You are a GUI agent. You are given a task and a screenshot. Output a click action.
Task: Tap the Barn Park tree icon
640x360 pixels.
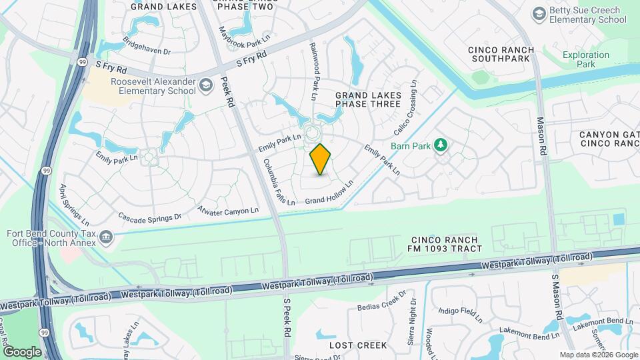440,145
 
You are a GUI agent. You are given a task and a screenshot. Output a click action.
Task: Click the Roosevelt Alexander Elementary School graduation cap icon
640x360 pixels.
207,84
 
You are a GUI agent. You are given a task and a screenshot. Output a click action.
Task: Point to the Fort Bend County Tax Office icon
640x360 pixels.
106,237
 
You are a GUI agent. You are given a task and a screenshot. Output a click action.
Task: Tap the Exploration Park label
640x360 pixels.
585,60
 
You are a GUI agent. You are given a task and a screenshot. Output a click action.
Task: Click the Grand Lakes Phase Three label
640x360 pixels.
368,100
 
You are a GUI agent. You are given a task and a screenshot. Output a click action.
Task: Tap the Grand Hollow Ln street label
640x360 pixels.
329,193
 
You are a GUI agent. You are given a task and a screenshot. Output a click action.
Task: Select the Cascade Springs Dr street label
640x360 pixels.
150,217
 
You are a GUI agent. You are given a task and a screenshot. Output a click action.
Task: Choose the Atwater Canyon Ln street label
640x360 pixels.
228,211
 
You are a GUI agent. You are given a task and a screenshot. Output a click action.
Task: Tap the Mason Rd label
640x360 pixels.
541,137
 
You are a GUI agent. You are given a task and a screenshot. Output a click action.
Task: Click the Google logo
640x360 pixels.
22,351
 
